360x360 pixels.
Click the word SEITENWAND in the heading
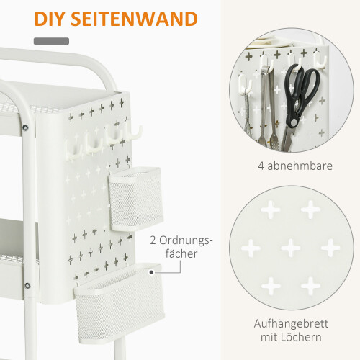click(x=135, y=19)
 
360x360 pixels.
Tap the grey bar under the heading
click(x=51, y=41)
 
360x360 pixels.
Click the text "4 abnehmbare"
click(x=295, y=166)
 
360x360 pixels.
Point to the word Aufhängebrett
click(x=291, y=324)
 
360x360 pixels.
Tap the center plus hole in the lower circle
click(x=291, y=248)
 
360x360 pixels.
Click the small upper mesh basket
click(x=135, y=199)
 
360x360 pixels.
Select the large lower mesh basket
click(x=120, y=304)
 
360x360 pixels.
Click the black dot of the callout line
click(x=151, y=272)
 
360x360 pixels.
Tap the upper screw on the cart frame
click(x=25, y=127)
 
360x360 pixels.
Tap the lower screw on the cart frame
click(x=27, y=286)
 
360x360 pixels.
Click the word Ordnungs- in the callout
click(x=186, y=240)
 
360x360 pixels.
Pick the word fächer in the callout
click(x=181, y=253)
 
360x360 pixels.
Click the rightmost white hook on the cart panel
click(x=134, y=134)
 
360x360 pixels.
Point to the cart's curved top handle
click(x=60, y=61)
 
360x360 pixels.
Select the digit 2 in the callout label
click(x=153, y=240)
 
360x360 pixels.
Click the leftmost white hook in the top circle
click(x=245, y=84)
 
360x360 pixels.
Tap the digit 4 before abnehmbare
click(x=261, y=166)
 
